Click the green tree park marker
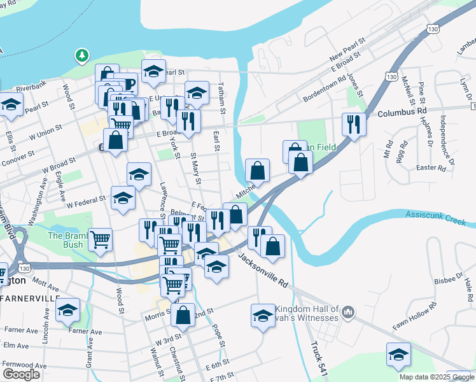82,56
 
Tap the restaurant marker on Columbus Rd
353,124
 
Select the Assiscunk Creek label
439,216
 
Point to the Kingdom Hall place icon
347,312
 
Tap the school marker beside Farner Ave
67,311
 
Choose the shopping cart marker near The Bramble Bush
101,241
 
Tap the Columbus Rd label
402,112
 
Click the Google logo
22,374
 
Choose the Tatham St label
222,97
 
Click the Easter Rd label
431,168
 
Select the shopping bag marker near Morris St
183,315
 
